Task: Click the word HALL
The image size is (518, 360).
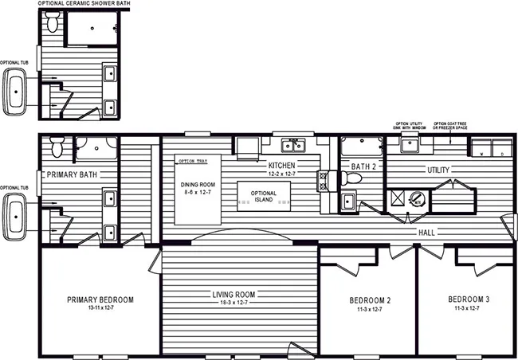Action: pos(426,232)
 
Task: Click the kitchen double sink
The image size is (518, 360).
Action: pos(292,145)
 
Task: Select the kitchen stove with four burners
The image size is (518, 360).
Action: pos(324,181)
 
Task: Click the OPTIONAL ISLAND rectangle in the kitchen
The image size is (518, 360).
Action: pos(263,195)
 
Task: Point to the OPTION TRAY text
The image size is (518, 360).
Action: pos(192,161)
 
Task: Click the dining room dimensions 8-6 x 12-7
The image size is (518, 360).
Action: pos(194,191)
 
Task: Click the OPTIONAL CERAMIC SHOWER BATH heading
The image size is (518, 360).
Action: pos(82,5)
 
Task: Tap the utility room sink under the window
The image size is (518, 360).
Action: pos(410,145)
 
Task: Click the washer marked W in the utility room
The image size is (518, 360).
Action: pos(481,148)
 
